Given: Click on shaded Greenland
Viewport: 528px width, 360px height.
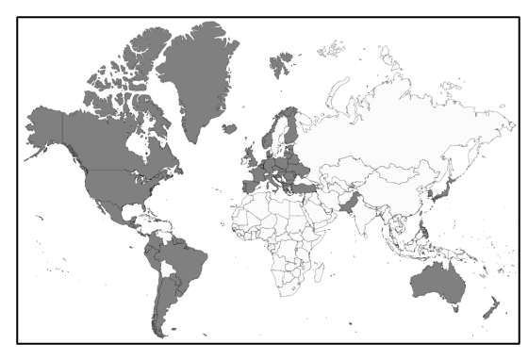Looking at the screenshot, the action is point(193,80).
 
